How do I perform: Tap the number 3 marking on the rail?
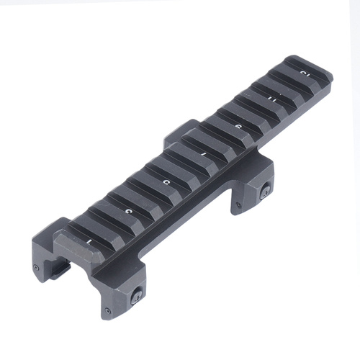pyautogui.click(x=127, y=211)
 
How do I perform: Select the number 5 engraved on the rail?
pyautogui.click(x=166, y=184)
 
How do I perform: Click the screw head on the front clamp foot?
pyautogui.click(x=135, y=293)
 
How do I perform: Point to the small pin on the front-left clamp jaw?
pyautogui.click(x=36, y=268)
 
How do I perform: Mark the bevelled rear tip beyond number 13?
pyautogui.click(x=322, y=70)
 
